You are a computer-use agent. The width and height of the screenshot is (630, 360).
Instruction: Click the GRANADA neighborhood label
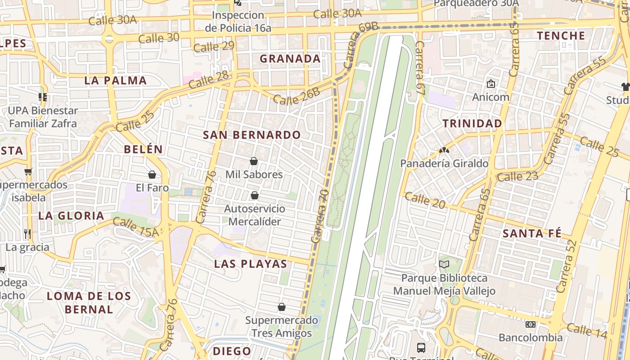(290, 58)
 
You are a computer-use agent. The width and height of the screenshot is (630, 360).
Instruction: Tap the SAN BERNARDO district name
(252, 135)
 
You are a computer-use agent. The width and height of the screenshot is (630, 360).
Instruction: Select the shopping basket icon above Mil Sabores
(254, 161)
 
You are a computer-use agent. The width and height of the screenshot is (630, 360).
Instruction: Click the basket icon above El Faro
(152, 175)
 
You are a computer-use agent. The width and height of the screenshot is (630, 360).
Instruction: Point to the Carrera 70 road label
(320, 216)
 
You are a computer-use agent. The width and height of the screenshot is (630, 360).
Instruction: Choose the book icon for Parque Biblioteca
(444, 264)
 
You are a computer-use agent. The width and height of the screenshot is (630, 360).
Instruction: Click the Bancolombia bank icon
(531, 324)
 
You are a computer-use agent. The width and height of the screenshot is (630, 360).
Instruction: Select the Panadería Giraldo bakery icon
(444, 150)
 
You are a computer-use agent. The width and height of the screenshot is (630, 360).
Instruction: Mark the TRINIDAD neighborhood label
(472, 123)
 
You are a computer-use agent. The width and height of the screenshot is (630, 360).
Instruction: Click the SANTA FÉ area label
(532, 233)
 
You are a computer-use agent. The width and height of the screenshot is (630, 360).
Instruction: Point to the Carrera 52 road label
(567, 265)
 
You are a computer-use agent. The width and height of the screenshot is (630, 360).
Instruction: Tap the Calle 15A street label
(136, 227)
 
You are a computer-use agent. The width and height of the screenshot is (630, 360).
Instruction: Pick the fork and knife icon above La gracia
(27, 234)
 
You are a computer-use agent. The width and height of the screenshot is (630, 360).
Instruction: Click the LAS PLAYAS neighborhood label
(251, 264)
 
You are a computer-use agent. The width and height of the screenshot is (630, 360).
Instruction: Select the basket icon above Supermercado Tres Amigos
(282, 307)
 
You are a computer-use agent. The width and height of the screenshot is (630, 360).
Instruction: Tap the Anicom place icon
(490, 84)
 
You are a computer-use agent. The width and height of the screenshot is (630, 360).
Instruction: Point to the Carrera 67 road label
(420, 67)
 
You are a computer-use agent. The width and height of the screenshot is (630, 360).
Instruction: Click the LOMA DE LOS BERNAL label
(89, 302)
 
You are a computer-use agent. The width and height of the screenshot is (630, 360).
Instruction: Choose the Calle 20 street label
(425, 200)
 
